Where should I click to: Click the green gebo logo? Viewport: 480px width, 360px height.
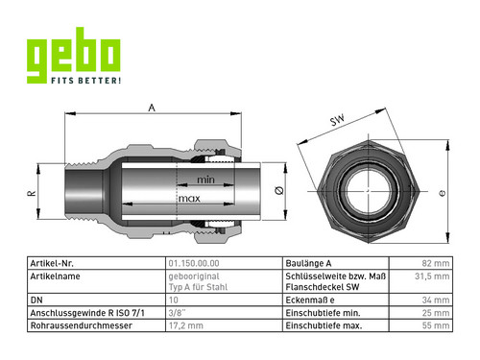pyautogui.click(x=74, y=56)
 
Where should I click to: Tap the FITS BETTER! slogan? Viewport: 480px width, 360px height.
pyautogui.click(x=86, y=81)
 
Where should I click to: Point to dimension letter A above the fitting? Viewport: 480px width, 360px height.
pyautogui.click(x=152, y=108)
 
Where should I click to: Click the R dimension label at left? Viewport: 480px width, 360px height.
pyautogui.click(x=32, y=193)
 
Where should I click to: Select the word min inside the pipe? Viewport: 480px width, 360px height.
pyautogui.click(x=205, y=180)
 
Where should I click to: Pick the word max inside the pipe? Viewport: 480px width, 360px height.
pyautogui.click(x=189, y=199)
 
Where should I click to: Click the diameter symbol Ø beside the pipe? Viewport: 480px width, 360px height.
pyautogui.click(x=279, y=191)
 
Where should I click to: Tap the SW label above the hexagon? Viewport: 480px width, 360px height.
pyautogui.click(x=338, y=120)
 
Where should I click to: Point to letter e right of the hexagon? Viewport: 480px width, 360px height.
pyautogui.click(x=443, y=193)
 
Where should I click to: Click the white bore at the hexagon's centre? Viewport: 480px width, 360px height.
pyautogui.click(x=369, y=191)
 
